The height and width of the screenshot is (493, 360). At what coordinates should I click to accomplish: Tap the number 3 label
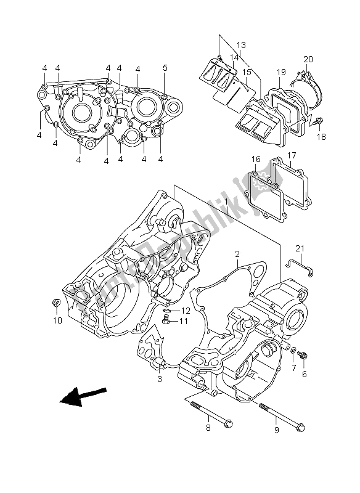click(x=159, y=379)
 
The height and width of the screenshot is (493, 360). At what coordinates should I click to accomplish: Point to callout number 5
click(x=165, y=68)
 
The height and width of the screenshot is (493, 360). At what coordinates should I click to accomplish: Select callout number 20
click(x=308, y=60)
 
